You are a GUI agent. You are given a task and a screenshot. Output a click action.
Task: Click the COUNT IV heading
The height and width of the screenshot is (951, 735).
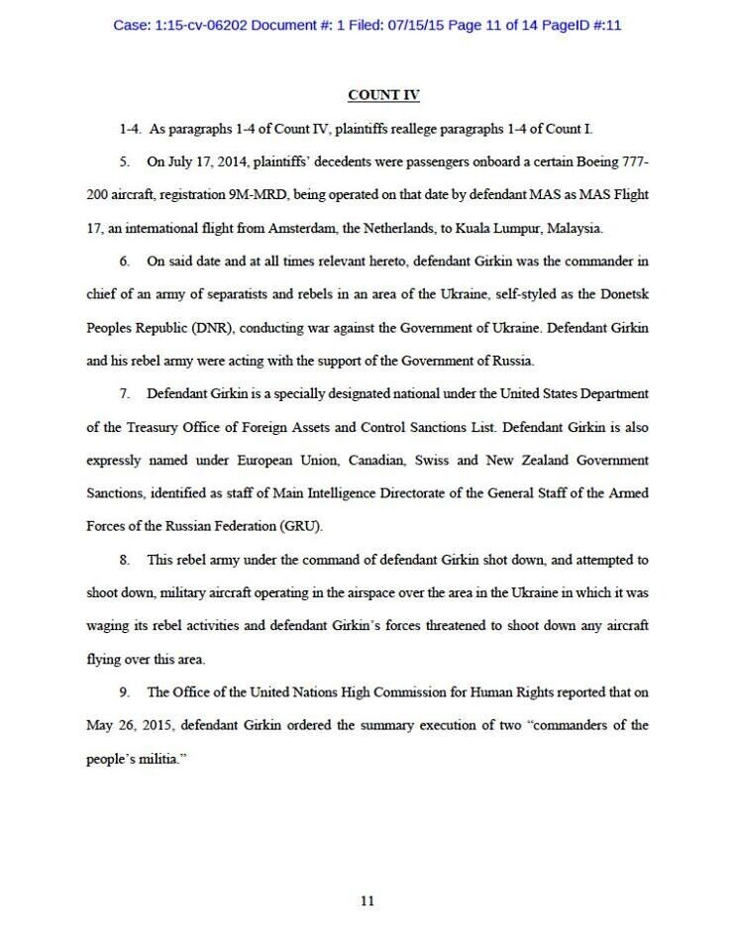[382, 95]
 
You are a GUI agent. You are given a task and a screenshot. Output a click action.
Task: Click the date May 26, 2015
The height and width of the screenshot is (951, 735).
[128, 725]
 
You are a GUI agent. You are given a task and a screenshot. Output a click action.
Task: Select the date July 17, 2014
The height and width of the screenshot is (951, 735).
[202, 161]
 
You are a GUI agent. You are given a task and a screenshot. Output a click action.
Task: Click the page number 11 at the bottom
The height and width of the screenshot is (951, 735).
[367, 900]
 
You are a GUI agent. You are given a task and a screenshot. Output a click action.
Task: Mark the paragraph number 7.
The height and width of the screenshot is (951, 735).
[126, 393]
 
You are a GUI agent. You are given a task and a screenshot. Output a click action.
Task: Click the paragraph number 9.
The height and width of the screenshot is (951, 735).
[126, 691]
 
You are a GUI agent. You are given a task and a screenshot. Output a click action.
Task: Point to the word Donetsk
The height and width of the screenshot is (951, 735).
[622, 294]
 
